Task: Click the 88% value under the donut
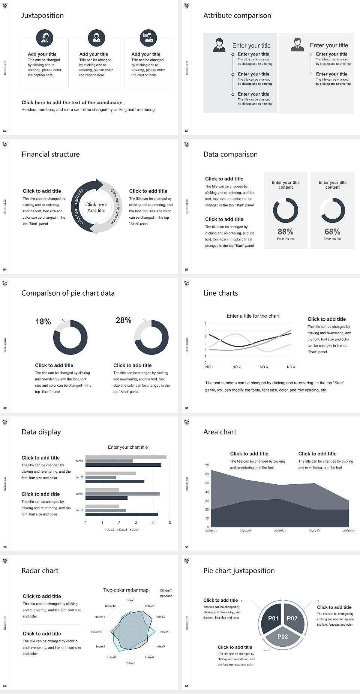pos(285,232)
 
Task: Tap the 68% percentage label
pos(332,232)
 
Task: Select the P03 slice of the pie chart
pos(282,637)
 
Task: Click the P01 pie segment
pos(273,618)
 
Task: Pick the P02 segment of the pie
pos(292,618)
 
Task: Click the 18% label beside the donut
pos(43,321)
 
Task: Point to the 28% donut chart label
pos(123,320)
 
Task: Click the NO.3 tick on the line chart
pos(264,367)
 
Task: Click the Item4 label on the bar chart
pos(79,461)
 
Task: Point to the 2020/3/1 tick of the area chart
pos(280,531)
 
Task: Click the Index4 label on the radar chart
pos(164,632)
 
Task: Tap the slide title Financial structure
pos(51,154)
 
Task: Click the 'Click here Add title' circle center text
pos(96,207)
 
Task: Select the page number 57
pos(187,408)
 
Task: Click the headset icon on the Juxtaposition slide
pos(45,38)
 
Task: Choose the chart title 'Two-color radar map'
pos(126,590)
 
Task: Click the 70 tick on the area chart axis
pos(207,466)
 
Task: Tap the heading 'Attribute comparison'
pos(237,15)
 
